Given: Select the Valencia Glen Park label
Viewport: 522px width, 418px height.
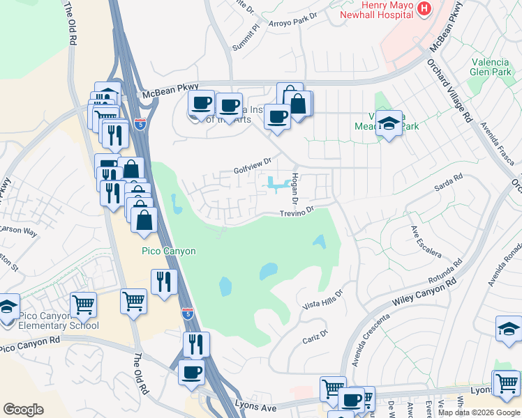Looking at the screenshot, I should coord(492,65).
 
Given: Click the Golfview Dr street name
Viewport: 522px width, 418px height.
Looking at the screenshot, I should coord(252,165).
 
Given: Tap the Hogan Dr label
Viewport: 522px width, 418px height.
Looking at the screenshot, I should coord(295,188).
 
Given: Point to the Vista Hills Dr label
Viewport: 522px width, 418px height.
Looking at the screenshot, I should coord(323,300).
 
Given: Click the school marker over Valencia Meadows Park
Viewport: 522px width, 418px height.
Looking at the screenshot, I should coord(389,124).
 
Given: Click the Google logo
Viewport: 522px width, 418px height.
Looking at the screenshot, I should coord(23,410).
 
